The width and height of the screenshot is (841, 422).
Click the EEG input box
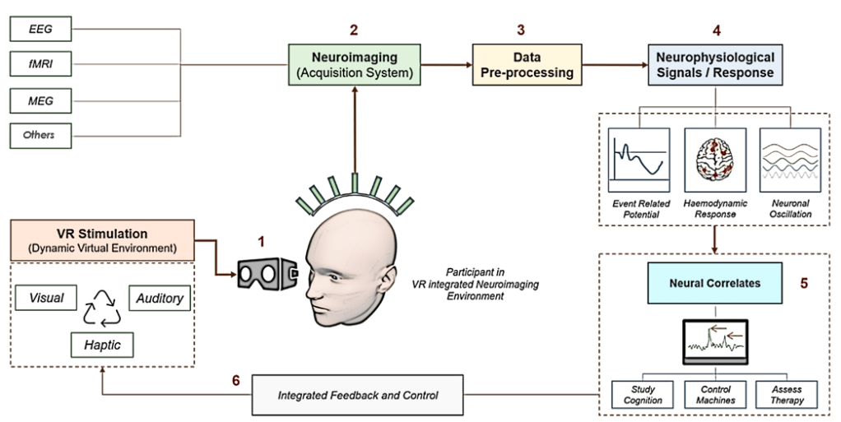[41, 29]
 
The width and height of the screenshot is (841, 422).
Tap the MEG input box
[41, 100]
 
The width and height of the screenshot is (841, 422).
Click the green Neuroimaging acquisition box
[354, 65]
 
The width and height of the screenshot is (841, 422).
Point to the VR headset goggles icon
[266, 272]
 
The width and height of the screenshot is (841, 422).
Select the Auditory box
[160, 298]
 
